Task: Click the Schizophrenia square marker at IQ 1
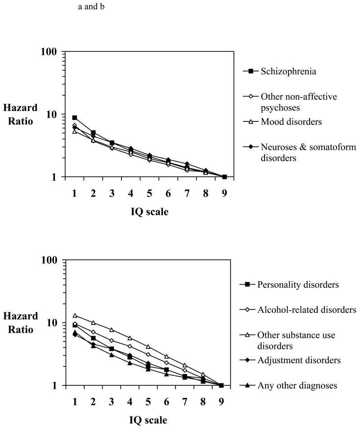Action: (x=75, y=118)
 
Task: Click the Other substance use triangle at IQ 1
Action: (x=75, y=316)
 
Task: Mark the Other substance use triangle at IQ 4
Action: (x=130, y=338)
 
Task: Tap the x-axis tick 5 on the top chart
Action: (x=149, y=193)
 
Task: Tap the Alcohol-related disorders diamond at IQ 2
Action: (x=93, y=332)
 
